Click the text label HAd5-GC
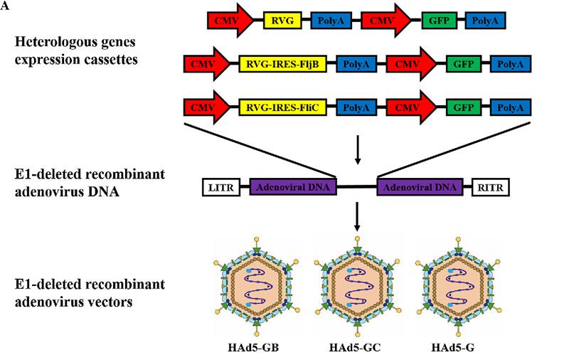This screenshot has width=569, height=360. [x=356, y=349]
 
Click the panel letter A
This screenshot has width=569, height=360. [x=5, y=6]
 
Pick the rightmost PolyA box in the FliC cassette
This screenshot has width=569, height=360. [x=510, y=108]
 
